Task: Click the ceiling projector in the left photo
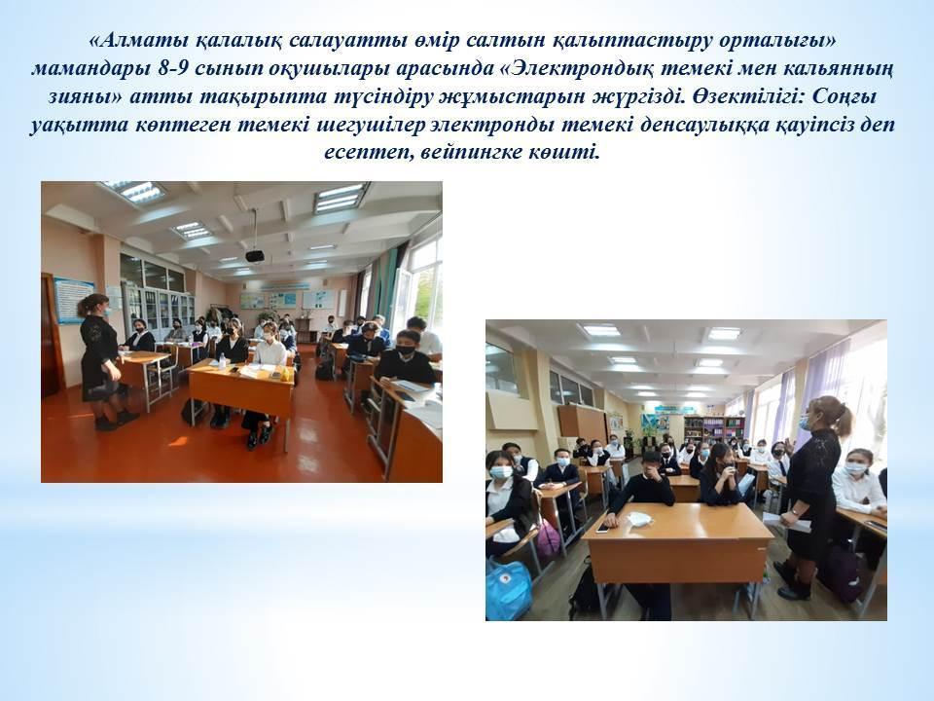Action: point(255,256)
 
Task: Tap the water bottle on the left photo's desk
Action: point(222,360)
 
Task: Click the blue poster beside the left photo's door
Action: point(74,301)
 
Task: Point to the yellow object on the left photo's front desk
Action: point(288,374)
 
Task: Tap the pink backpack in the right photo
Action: point(548,538)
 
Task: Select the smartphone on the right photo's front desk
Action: point(603,528)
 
